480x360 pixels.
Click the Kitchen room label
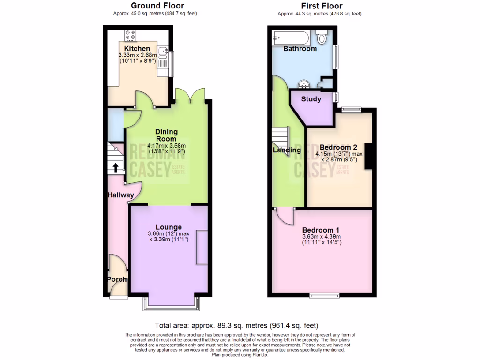[x=137, y=49]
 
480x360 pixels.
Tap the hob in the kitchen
[x=130, y=35]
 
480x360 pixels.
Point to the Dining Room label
[x=166, y=135]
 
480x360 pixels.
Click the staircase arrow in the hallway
[x=115, y=167]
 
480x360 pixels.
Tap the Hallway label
[x=120, y=195]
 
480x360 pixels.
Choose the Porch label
[x=117, y=279]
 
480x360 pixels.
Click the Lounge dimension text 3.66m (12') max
[x=168, y=234]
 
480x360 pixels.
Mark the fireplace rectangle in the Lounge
[x=202, y=247]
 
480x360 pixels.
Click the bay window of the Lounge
[x=171, y=304]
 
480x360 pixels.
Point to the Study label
[x=311, y=99]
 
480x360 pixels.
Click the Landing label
[x=287, y=150]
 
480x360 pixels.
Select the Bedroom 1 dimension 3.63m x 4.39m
[x=321, y=237]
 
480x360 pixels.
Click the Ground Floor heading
[x=155, y=6]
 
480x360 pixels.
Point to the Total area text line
[x=237, y=325]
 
